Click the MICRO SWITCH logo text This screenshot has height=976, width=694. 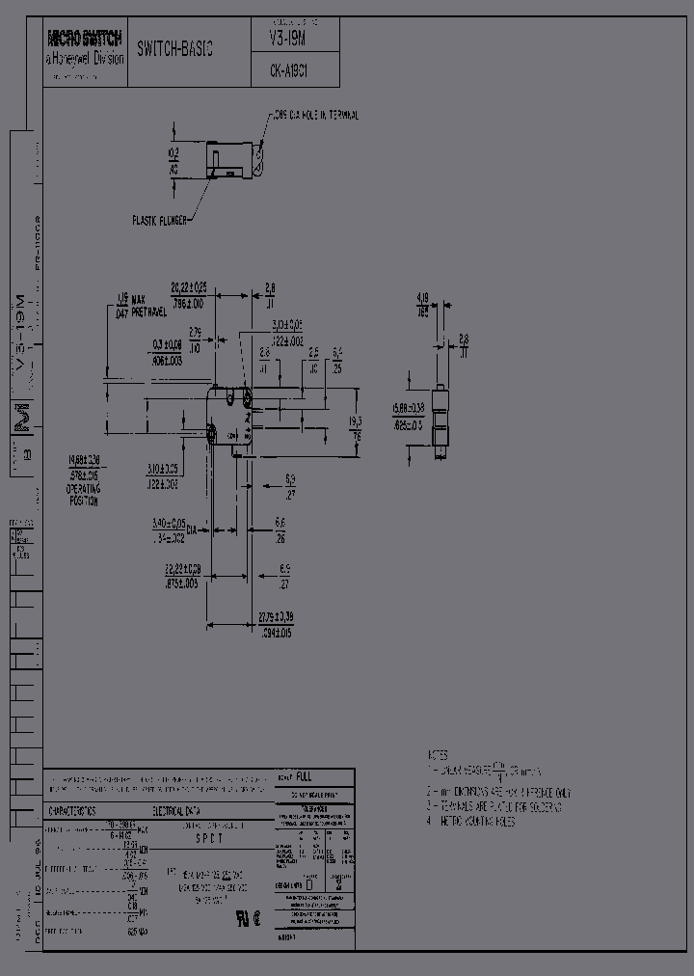(86, 40)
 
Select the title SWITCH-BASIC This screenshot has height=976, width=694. (174, 48)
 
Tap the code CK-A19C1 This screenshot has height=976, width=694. (286, 70)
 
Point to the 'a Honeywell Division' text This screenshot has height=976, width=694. (86, 58)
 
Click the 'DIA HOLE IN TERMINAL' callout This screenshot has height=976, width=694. (312, 116)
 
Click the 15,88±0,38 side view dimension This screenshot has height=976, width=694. (408, 413)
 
